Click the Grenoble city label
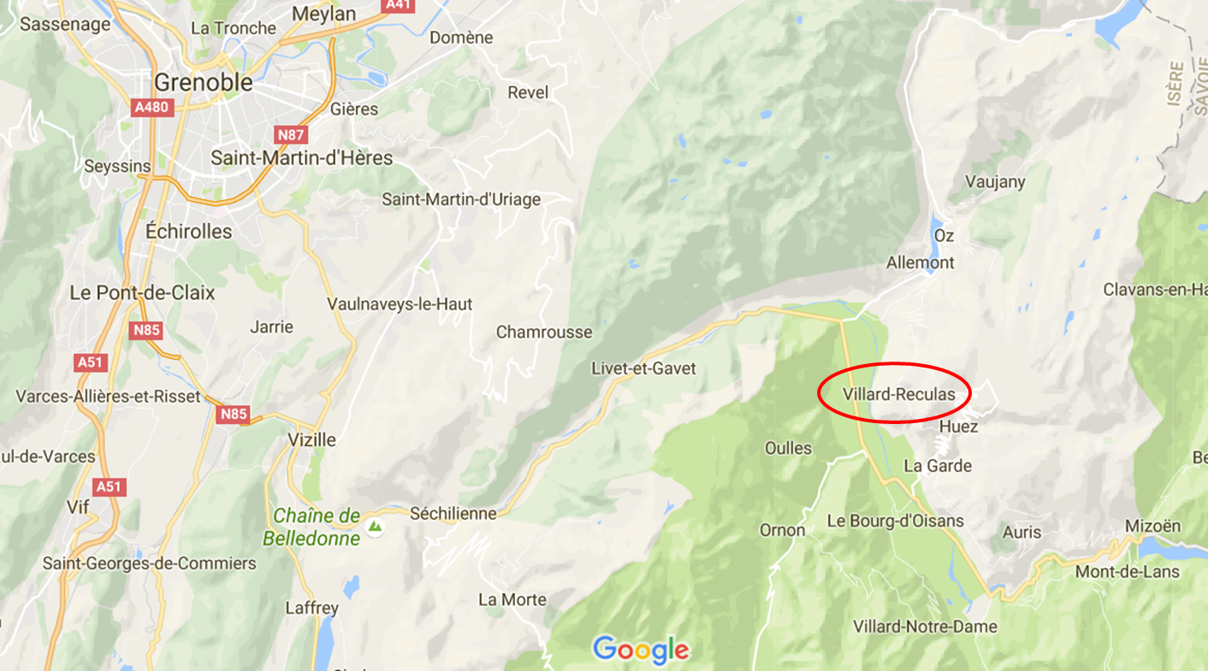coord(204,83)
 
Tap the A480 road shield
coord(152,108)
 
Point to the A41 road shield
coord(398,5)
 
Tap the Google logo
coord(641,650)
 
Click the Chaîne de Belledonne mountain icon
coord(374,527)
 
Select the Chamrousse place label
coord(544,332)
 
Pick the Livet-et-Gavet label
coord(643,368)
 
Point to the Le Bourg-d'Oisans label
coord(895,521)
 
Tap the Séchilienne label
coord(453,514)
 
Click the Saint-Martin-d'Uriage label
coord(461,199)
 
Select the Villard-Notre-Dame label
coord(925,627)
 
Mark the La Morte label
coord(512,599)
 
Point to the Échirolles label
coord(188,232)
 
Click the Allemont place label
coord(920,262)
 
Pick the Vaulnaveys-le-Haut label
coord(400,303)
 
